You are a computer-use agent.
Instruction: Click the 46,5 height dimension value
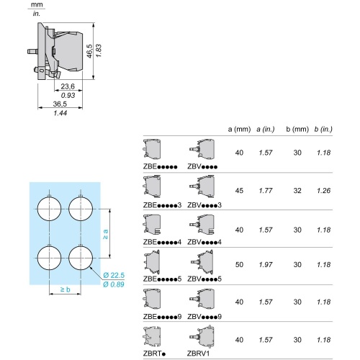89,51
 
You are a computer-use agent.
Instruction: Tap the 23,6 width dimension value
68,86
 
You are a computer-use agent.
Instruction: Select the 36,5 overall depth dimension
60,104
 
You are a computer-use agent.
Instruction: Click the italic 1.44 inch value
60,113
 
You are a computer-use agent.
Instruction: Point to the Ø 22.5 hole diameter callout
114,275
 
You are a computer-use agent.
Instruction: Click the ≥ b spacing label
65,289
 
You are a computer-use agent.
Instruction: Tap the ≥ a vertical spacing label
105,234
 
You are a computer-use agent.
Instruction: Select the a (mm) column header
239,129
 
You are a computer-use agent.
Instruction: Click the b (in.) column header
323,129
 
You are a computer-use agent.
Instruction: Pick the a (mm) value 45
239,191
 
